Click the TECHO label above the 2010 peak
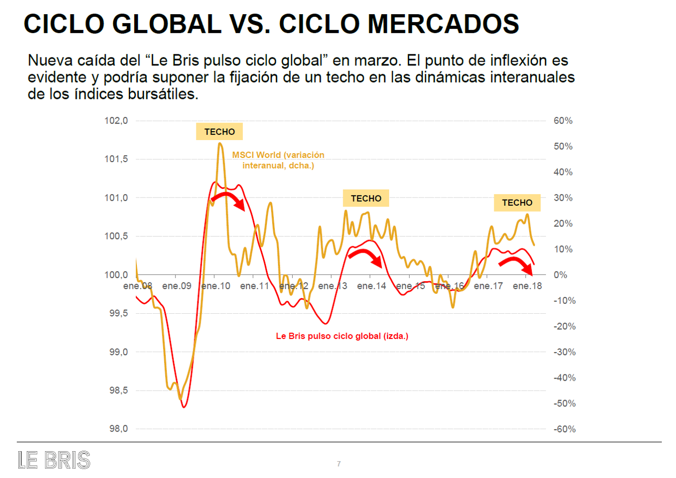220,132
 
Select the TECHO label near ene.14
366,198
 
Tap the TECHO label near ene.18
517,203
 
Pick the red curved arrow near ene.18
516,265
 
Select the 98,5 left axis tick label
117,391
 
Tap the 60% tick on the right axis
563,121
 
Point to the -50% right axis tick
564,404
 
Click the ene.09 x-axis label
176,286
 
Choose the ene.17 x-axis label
488,286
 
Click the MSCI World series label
278,160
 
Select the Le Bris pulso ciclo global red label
342,336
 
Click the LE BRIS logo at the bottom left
54,460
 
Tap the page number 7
339,464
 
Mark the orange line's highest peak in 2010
220,143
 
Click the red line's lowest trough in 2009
184,407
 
